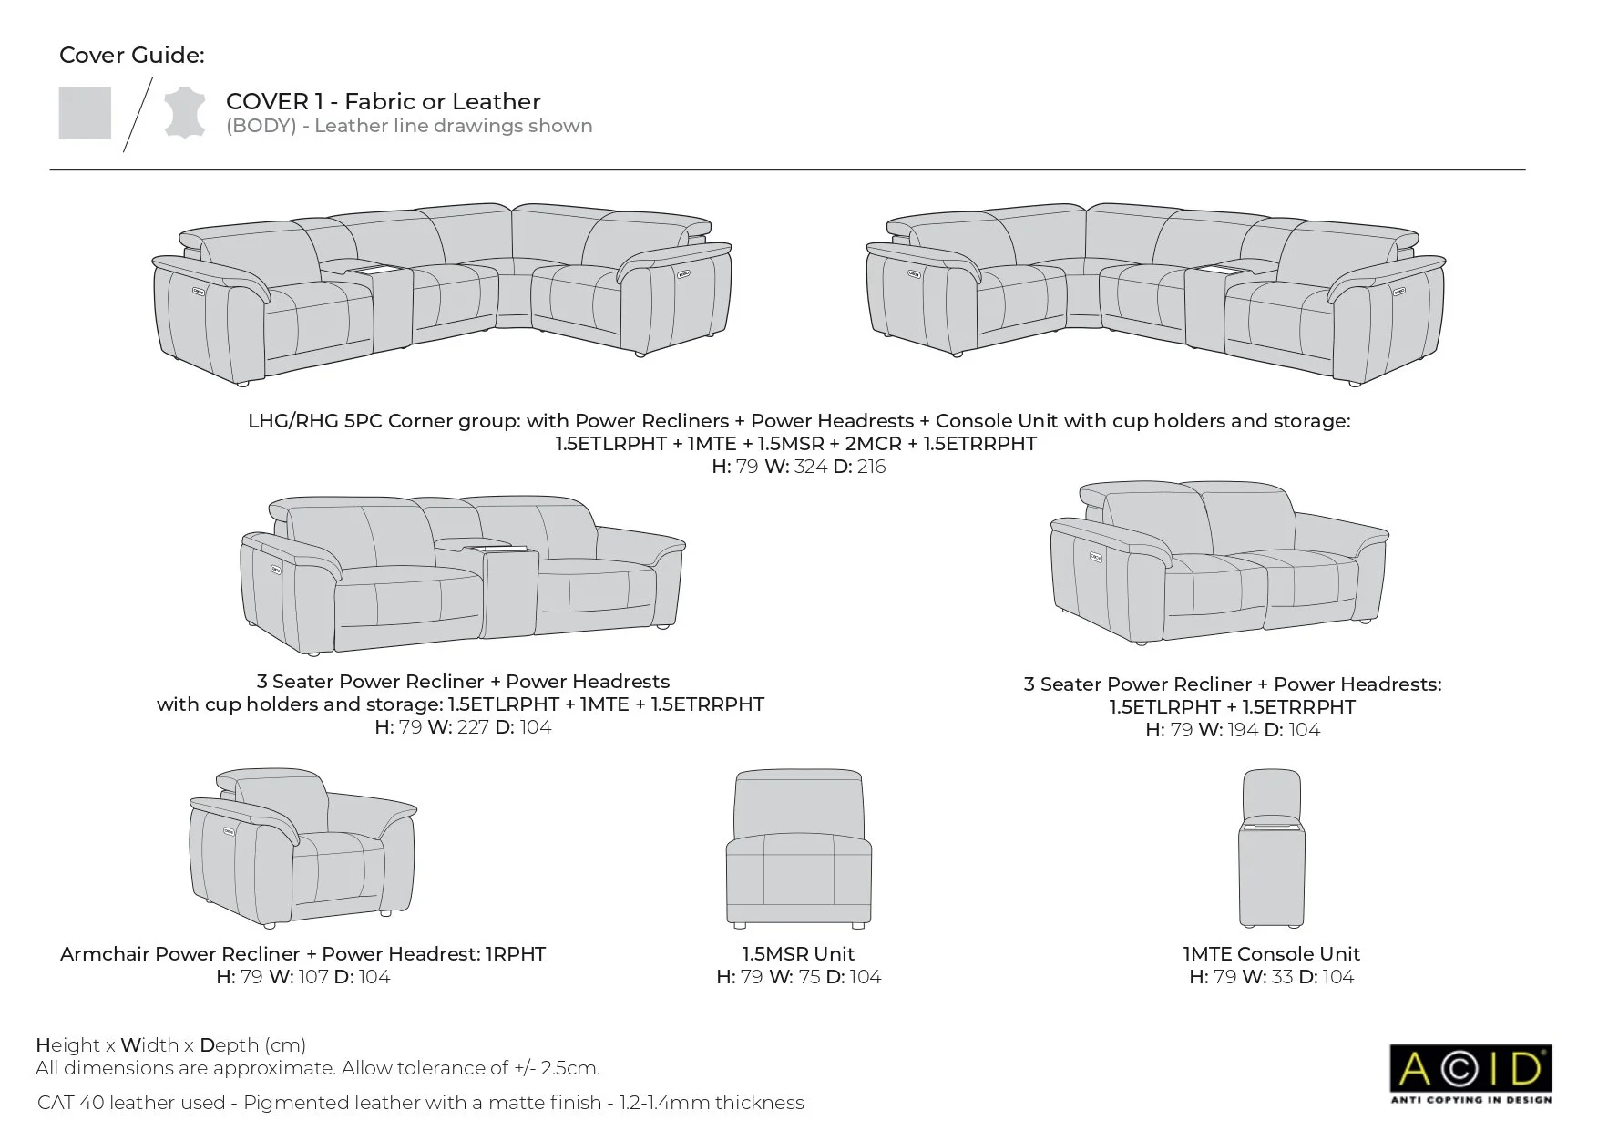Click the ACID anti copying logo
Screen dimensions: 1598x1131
click(1470, 1073)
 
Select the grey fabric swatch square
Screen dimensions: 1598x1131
click(85, 114)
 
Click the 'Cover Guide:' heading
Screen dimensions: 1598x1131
click(132, 56)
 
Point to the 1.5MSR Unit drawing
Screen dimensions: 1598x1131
click(798, 848)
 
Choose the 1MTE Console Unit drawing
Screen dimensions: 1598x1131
click(1272, 848)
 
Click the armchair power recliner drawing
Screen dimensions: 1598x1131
click(303, 848)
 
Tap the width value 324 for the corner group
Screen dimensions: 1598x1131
click(810, 467)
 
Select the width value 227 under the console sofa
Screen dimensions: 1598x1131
click(472, 727)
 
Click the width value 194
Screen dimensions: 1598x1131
click(1242, 730)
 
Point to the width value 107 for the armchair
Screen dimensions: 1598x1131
click(313, 977)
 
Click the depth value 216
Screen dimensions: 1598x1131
click(872, 467)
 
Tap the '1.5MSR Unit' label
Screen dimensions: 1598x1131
click(798, 954)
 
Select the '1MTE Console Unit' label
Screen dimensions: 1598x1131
click(1271, 954)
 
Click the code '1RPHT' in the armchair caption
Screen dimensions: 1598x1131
click(515, 954)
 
